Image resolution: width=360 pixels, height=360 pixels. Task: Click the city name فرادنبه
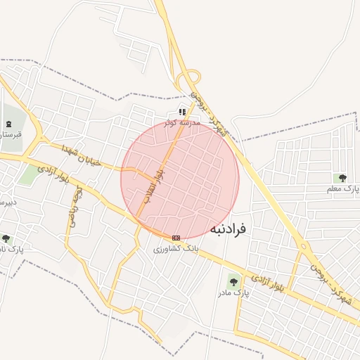pyautogui.click(x=228, y=229)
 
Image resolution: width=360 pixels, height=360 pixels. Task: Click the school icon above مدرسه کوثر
pyautogui.click(x=182, y=112)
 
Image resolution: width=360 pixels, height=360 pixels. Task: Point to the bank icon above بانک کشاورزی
pyautogui.click(x=176, y=238)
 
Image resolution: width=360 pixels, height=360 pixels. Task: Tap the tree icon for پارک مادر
pyautogui.click(x=233, y=281)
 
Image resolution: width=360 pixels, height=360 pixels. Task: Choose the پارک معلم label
pyautogui.click(x=342, y=189)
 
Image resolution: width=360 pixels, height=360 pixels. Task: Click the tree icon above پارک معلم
pyautogui.click(x=342, y=178)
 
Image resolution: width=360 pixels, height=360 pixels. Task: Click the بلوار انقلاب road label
pyautogui.click(x=154, y=184)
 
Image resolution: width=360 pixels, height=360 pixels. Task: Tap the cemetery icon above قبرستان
pyautogui.click(x=8, y=124)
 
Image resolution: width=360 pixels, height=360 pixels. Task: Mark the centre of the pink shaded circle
pyautogui.click(x=180, y=180)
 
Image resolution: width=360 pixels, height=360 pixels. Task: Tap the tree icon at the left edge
pyautogui.click(x=6, y=239)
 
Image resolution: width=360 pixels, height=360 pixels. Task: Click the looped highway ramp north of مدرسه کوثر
pyautogui.click(x=188, y=81)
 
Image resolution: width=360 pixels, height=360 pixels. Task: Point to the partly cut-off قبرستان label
pyautogui.click(x=11, y=134)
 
